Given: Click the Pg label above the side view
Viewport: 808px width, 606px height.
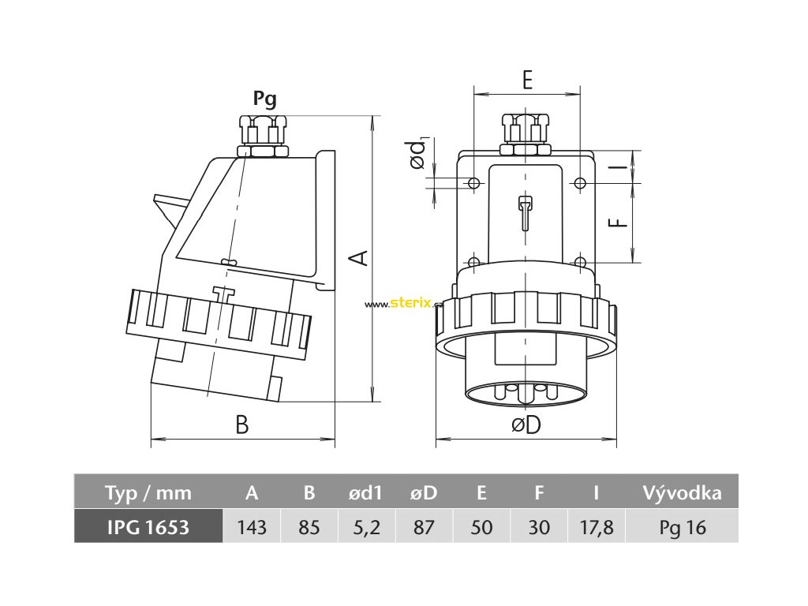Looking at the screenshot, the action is tap(264, 99).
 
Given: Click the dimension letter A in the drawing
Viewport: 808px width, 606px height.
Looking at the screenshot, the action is tap(359, 257).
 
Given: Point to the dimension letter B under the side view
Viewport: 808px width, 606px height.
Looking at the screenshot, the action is tap(242, 425).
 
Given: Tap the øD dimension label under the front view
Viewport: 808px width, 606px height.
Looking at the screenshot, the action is tap(526, 425).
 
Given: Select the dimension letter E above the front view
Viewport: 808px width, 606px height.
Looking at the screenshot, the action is tap(527, 79).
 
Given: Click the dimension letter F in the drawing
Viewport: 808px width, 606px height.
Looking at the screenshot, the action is tap(622, 223).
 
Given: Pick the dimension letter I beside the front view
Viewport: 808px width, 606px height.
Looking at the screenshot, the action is tap(622, 166).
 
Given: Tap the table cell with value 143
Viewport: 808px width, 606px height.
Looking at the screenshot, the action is tap(252, 527).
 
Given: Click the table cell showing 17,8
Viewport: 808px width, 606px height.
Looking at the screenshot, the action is tap(597, 527).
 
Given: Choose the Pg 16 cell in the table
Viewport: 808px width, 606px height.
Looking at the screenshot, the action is tap(682, 527).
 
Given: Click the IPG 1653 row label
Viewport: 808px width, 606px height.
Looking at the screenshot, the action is tap(148, 527).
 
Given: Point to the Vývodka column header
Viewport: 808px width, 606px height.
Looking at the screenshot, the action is tap(682, 493).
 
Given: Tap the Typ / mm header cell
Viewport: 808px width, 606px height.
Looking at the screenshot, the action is tap(148, 493).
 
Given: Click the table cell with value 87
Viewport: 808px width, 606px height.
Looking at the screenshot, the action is tap(425, 527).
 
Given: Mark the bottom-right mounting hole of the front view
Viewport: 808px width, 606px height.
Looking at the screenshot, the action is tap(580, 262).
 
